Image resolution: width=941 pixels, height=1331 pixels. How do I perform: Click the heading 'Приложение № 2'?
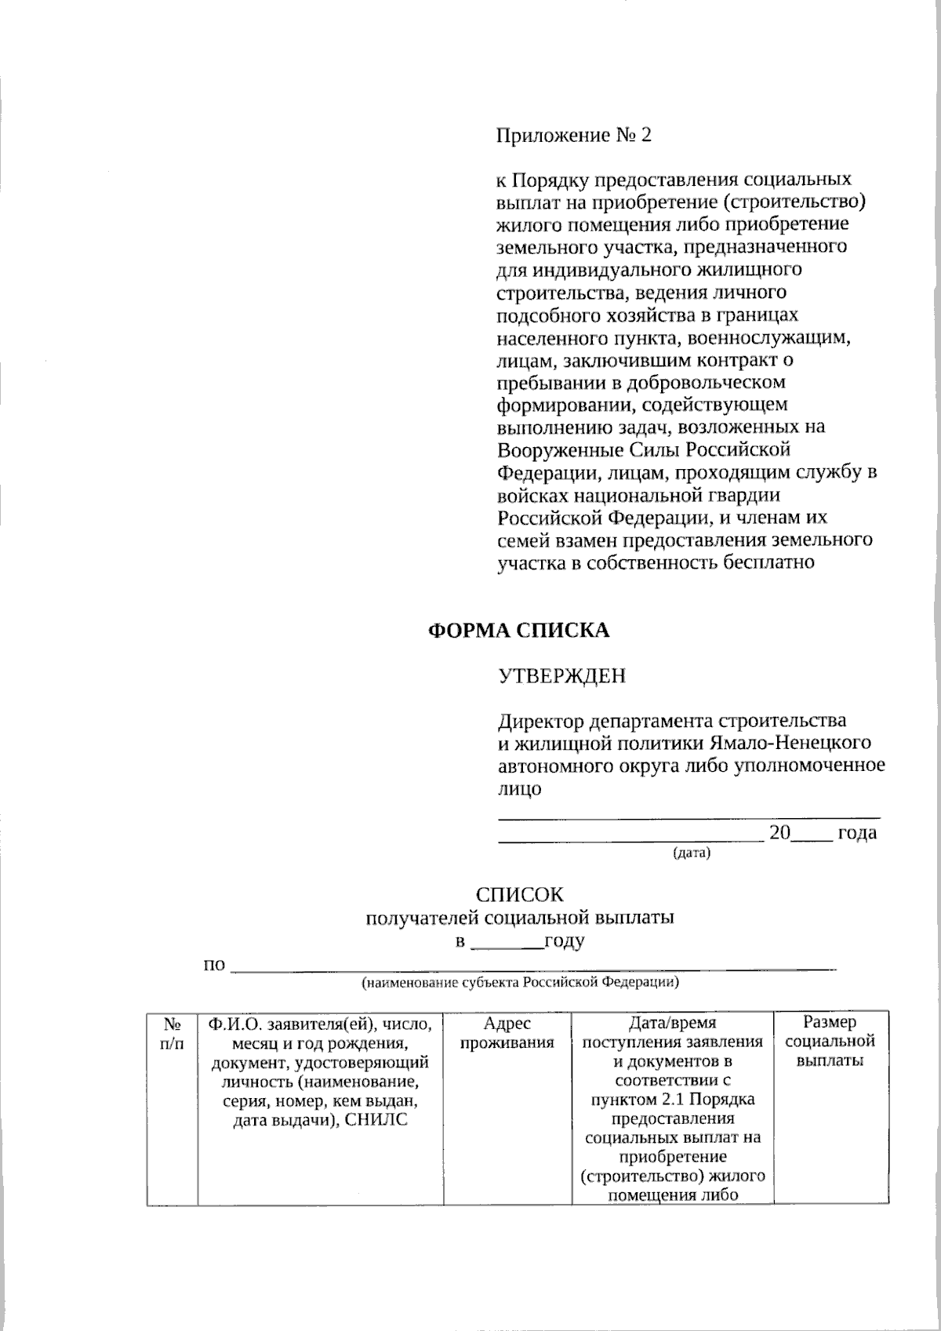pos(574,136)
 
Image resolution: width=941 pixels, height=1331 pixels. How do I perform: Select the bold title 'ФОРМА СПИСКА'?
pos(518,630)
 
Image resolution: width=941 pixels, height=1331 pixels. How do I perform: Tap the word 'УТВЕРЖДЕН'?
pos(562,675)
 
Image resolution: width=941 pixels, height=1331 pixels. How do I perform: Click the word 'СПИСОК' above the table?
pos(520,895)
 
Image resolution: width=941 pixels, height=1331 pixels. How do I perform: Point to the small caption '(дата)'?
pos(691,853)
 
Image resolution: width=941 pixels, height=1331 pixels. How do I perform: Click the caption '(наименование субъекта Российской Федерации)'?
pos(520,983)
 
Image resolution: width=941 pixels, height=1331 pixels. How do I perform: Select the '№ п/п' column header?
pos(172,1033)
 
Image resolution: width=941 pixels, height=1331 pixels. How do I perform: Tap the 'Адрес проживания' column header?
pos(507,1033)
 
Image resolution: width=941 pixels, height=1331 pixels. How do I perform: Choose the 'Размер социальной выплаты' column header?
pos(830,1042)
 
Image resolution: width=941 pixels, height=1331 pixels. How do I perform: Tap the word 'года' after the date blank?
pos(857,833)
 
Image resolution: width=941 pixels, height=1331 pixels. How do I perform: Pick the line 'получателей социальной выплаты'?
pos(520,918)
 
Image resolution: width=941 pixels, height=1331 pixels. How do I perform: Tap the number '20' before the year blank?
pos(779,833)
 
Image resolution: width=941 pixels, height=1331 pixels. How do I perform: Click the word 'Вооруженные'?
pos(561,450)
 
